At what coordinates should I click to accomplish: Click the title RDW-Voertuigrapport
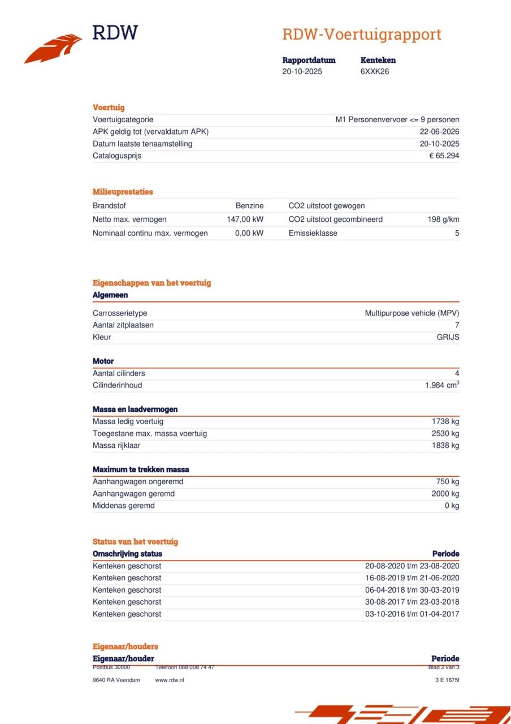[x=361, y=35]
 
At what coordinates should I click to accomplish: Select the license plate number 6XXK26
[x=374, y=72]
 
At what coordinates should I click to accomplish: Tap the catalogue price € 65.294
[x=444, y=156]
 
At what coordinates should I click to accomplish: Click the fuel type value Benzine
[x=249, y=206]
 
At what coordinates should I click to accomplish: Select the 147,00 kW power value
[x=245, y=219]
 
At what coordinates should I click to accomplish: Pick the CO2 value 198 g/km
[x=443, y=219]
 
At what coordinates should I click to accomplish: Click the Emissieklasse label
[x=313, y=233]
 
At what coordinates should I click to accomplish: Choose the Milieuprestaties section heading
[x=123, y=192]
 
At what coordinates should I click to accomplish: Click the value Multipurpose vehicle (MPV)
[x=412, y=313]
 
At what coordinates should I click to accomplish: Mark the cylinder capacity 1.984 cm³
[x=441, y=385]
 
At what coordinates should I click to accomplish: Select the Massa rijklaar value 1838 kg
[x=445, y=446]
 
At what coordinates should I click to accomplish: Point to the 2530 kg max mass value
[x=445, y=434]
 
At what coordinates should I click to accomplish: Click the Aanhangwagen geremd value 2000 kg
[x=445, y=494]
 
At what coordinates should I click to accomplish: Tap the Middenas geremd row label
[x=123, y=506]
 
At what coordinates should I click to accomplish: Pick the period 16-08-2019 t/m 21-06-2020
[x=412, y=578]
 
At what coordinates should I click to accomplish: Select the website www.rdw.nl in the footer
[x=169, y=680]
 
